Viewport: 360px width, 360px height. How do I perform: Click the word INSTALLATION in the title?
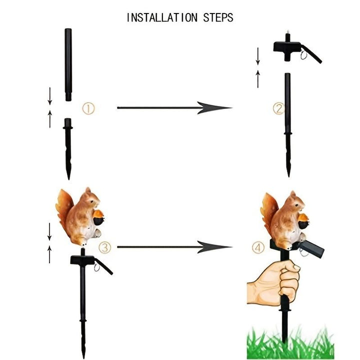click(162, 17)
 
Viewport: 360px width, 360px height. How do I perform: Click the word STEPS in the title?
click(218, 17)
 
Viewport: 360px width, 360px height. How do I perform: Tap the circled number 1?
click(88, 108)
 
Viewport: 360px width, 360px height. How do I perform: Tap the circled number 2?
click(278, 108)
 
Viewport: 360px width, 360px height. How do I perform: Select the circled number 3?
click(104, 247)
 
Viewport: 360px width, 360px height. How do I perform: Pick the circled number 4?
click(258, 247)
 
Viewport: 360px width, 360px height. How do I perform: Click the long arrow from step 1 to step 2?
click(174, 107)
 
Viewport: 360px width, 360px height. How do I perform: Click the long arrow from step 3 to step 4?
click(174, 247)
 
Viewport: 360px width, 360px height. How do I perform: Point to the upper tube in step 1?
click(68, 64)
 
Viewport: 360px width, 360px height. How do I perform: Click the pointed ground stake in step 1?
click(68, 149)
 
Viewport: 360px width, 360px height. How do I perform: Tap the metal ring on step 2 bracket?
click(304, 55)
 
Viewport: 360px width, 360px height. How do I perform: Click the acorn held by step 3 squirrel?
click(98, 217)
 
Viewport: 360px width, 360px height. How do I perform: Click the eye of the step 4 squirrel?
click(296, 205)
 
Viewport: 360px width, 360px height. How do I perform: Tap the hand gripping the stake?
click(273, 283)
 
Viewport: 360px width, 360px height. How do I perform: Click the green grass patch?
click(290, 343)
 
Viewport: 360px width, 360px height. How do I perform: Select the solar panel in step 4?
click(311, 249)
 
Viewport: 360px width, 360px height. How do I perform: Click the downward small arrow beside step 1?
click(50, 96)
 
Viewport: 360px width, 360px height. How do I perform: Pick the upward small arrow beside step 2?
click(258, 79)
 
